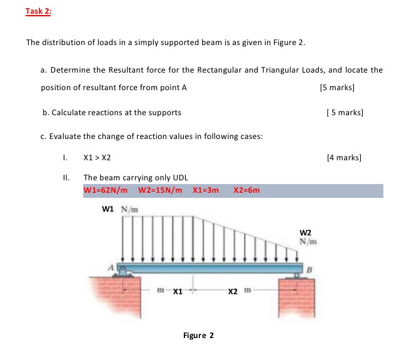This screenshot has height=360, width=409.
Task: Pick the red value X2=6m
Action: tap(246, 190)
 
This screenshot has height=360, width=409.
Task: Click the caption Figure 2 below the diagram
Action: tap(198, 336)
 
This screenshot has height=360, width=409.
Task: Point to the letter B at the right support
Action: tap(308, 269)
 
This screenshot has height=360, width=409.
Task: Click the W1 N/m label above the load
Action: tap(118, 209)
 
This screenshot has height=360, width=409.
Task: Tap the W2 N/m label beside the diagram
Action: tap(307, 237)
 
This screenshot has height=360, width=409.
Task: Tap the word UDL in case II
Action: tap(179, 177)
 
